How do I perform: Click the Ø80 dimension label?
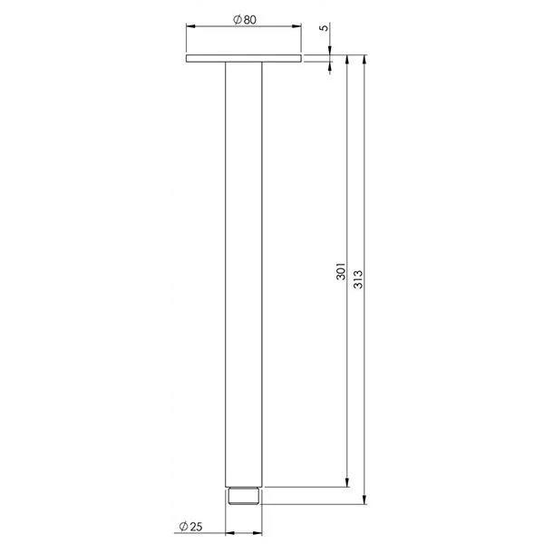245,19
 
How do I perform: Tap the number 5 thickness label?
324,28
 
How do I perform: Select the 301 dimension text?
341,271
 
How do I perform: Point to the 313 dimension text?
358,279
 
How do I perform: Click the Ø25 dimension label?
190,526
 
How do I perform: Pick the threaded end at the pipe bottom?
244,496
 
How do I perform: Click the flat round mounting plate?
244,58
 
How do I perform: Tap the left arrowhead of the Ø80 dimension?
190,26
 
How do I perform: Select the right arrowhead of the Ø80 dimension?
296,26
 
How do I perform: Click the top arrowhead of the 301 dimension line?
347,60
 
